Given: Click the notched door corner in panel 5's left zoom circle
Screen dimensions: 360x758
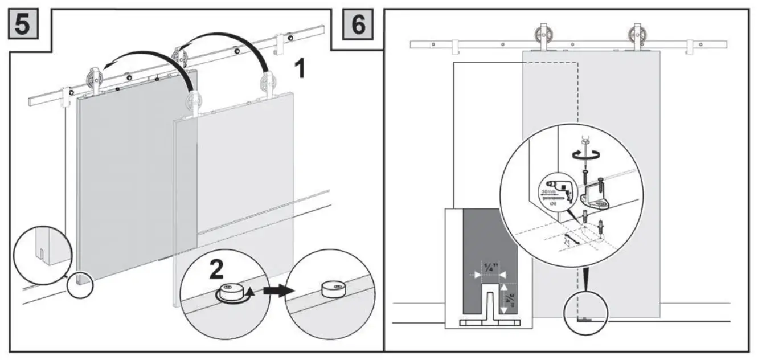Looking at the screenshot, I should click(x=43, y=251).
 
